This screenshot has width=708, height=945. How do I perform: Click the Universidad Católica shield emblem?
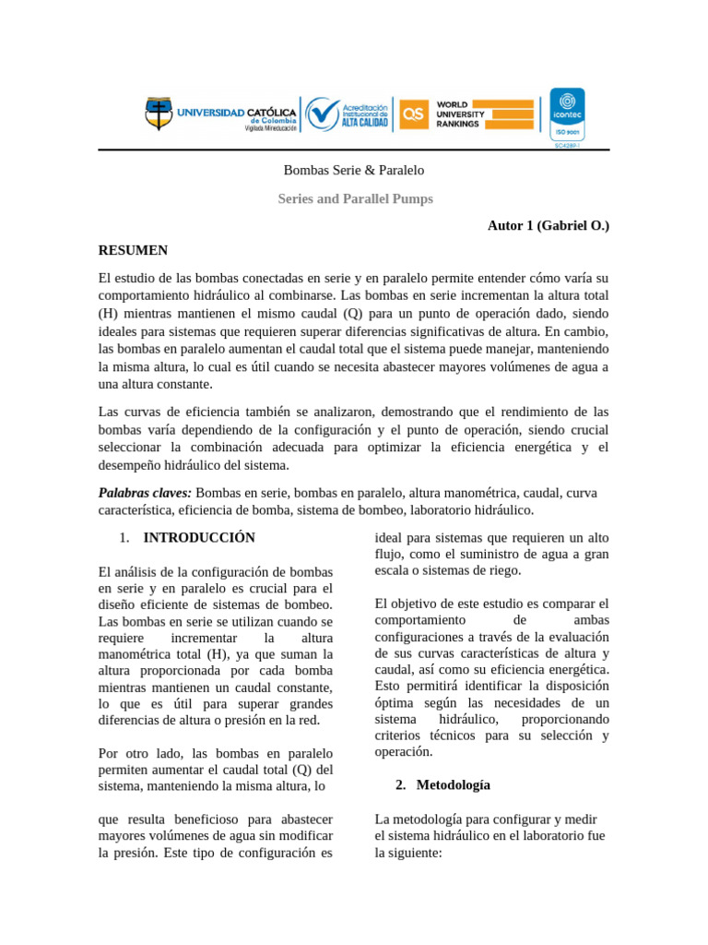(x=159, y=114)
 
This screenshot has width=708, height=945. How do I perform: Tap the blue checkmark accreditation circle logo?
(x=323, y=114)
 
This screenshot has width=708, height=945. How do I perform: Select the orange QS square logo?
(x=414, y=114)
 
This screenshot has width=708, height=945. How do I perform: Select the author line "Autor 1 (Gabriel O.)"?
(x=549, y=225)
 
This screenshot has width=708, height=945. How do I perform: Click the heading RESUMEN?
(x=133, y=250)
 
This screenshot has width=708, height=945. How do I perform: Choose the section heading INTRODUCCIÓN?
(x=199, y=537)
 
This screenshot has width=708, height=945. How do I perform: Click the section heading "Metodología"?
(x=454, y=785)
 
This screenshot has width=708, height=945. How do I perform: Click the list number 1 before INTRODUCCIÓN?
(x=124, y=537)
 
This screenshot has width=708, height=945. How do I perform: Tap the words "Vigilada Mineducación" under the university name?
(x=270, y=129)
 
